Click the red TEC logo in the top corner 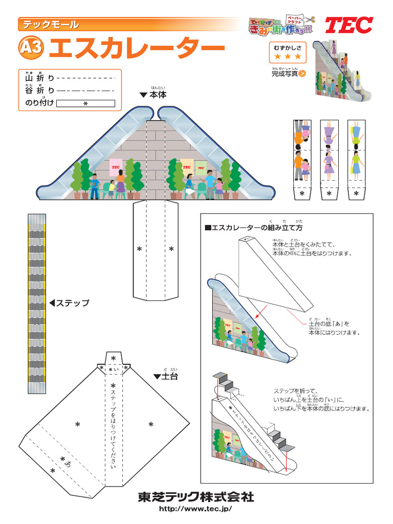350,25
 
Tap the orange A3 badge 31,48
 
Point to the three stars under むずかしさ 288,56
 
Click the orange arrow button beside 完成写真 302,73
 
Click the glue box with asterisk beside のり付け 85,103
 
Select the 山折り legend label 39,78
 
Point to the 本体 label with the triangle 154,95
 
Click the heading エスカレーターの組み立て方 253,227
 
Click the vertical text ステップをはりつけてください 113,425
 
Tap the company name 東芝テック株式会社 195,497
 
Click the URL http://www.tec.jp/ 195,509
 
